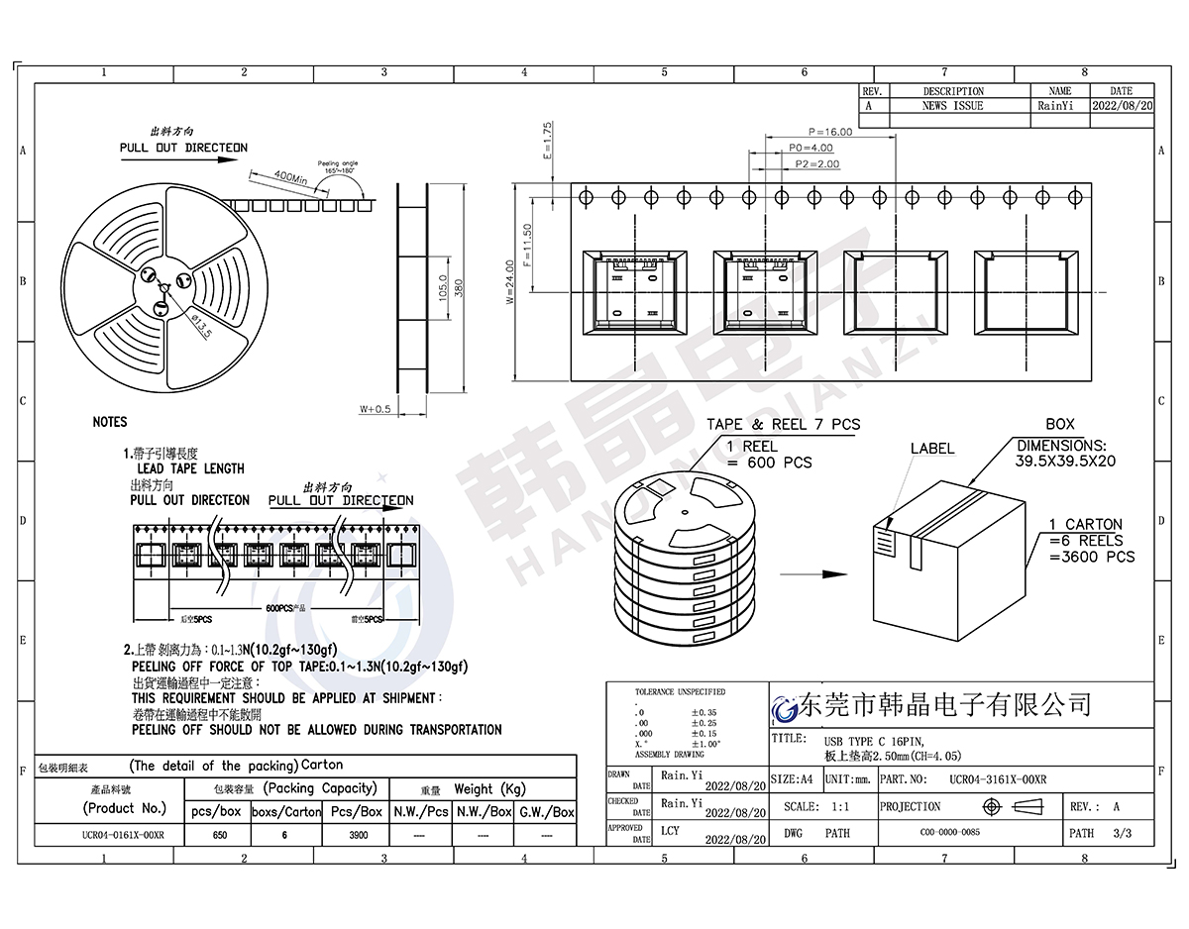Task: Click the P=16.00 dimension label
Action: pos(829,132)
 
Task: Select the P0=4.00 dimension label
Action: pos(810,148)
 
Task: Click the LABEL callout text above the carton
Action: pos(931,449)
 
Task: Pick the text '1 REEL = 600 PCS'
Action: pos(769,455)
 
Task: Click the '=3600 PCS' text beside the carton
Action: pos(1092,557)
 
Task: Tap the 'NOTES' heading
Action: pos(110,422)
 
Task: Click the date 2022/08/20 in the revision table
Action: pos(1122,105)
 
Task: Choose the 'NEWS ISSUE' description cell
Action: pos(952,105)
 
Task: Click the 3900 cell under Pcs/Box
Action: pos(357,835)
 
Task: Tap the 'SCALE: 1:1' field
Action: pos(815,807)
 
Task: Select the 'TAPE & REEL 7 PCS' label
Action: pos(783,425)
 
